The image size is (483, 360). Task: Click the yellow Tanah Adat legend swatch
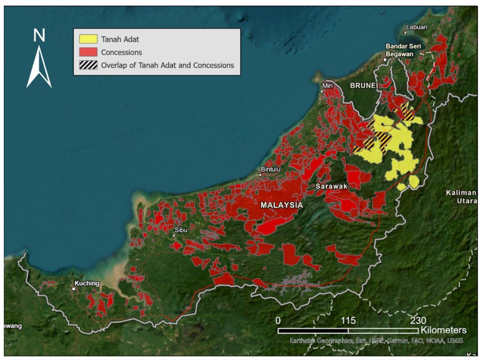tap(88, 39)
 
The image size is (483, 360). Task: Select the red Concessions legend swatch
tap(88, 52)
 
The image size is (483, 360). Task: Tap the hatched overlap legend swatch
tap(88, 65)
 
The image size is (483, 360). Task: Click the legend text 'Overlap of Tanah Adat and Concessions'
tap(167, 65)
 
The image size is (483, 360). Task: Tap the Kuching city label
tap(87, 283)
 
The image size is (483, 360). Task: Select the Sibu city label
tap(181, 230)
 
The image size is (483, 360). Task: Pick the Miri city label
tap(328, 86)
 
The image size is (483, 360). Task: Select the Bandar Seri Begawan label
tap(400, 50)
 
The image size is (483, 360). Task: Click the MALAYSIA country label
tap(282, 205)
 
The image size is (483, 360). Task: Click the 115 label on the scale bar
tap(348, 321)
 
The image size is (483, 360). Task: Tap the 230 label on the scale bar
tap(418, 321)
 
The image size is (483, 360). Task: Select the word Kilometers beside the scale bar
tap(444, 330)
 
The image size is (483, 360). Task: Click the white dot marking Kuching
tap(74, 289)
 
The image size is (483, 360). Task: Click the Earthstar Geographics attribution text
tap(376, 340)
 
